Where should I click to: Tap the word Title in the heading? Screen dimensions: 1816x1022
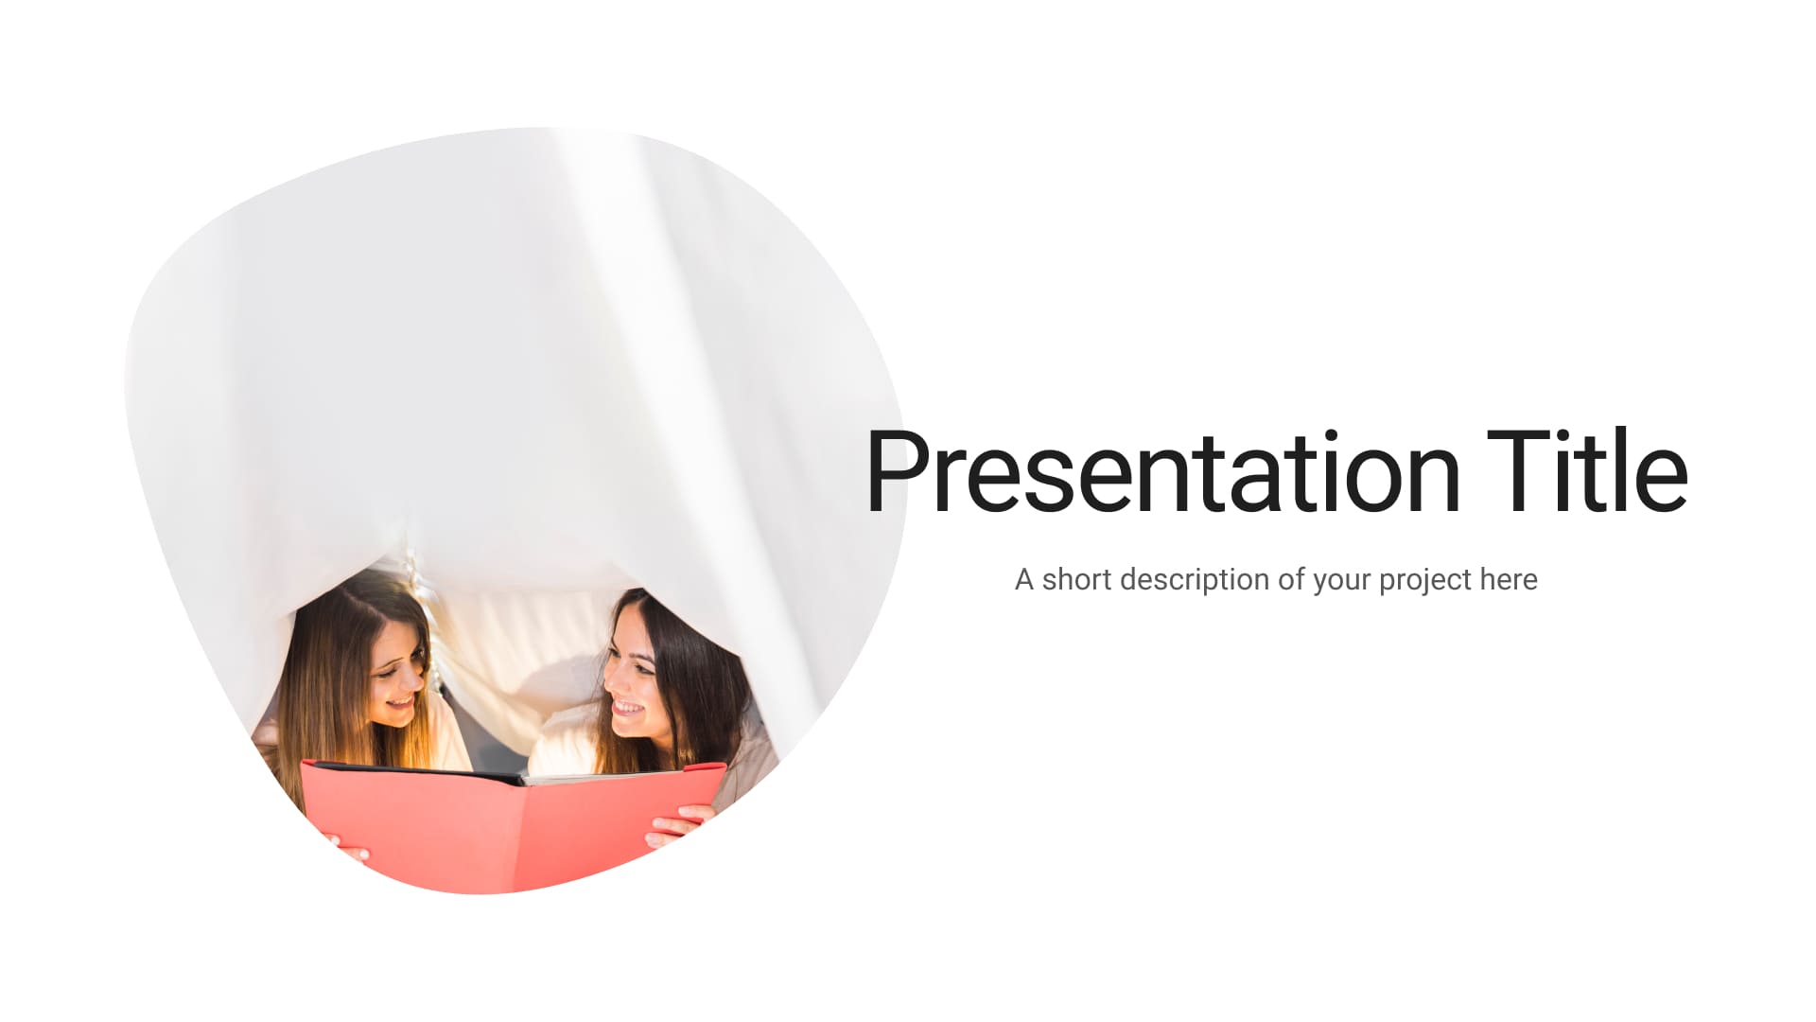pos(1587,470)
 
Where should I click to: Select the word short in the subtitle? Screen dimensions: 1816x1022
pos(1076,579)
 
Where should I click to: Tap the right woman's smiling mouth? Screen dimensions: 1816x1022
pos(626,707)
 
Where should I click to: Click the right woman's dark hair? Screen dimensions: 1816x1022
pos(690,681)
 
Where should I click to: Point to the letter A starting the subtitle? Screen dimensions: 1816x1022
pos(1024,579)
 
